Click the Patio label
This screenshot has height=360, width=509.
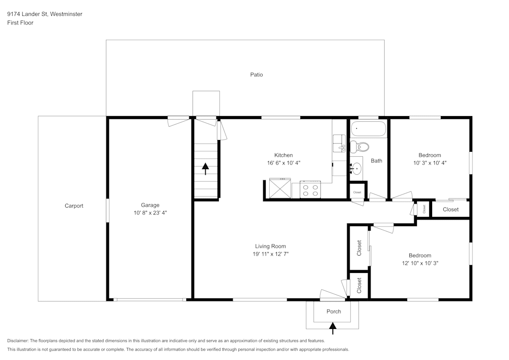pyautogui.click(x=257, y=75)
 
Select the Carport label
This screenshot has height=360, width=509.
pyautogui.click(x=74, y=206)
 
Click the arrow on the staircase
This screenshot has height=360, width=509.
pyautogui.click(x=206, y=169)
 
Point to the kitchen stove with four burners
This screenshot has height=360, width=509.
pyautogui.click(x=310, y=190)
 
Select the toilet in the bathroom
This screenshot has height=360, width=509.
pyautogui.click(x=361, y=148)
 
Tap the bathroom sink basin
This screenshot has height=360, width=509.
pyautogui.click(x=356, y=167)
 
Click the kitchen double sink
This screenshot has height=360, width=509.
pyautogui.click(x=338, y=143)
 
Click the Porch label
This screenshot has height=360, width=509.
pyautogui.click(x=333, y=312)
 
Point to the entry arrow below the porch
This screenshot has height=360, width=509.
pyautogui.click(x=333, y=330)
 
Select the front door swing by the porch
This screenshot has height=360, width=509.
pyautogui.click(x=332, y=294)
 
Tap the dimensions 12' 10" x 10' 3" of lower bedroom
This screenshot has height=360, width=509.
pyautogui.click(x=420, y=264)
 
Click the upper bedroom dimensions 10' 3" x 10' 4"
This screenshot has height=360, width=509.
pyautogui.click(x=430, y=163)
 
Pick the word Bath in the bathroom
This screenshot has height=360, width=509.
pyautogui.click(x=376, y=161)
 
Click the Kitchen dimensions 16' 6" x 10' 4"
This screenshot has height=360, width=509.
pyautogui.click(x=284, y=163)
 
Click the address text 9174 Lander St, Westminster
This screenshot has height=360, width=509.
pyautogui.click(x=45, y=14)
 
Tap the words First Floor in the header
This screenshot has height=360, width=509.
pyautogui.click(x=20, y=23)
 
